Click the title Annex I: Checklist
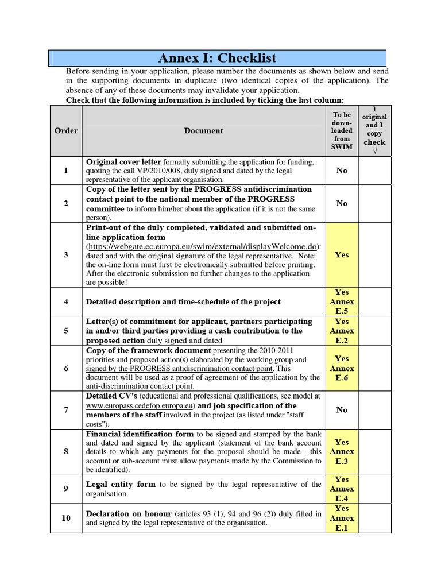coord(217,58)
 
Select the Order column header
coord(66,130)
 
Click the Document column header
coord(203,130)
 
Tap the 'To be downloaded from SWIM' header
coord(342,130)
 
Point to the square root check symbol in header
coord(374,151)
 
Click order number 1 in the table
coord(66,171)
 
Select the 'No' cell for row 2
coord(342,203)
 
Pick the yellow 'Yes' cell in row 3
coord(342,255)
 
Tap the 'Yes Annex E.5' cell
coord(342,301)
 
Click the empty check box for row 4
coord(374,301)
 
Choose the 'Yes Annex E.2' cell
coord(342,331)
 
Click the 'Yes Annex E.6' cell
coord(342,368)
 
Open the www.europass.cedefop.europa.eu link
coord(140,405)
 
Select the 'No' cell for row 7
coord(342,410)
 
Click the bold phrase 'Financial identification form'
coord(140,434)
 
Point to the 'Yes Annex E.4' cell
coord(342,489)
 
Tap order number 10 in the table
coord(66,518)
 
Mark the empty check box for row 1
coord(374,171)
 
